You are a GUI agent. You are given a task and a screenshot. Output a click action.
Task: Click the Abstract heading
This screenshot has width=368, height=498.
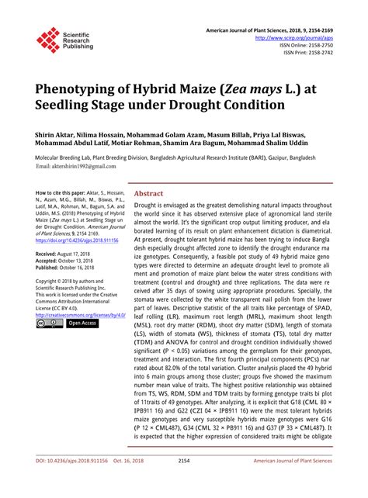pos(148,193)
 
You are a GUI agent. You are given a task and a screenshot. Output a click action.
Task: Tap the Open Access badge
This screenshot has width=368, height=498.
pos(82,323)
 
